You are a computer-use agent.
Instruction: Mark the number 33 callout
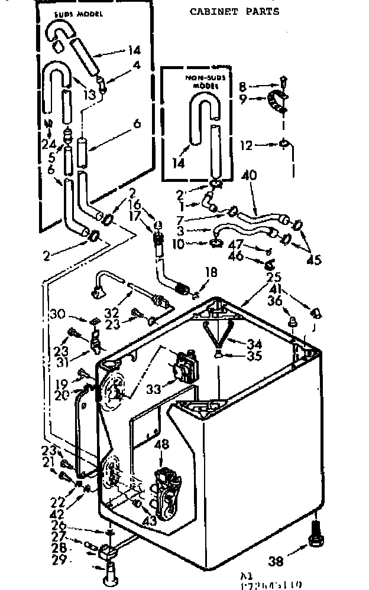153,390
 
